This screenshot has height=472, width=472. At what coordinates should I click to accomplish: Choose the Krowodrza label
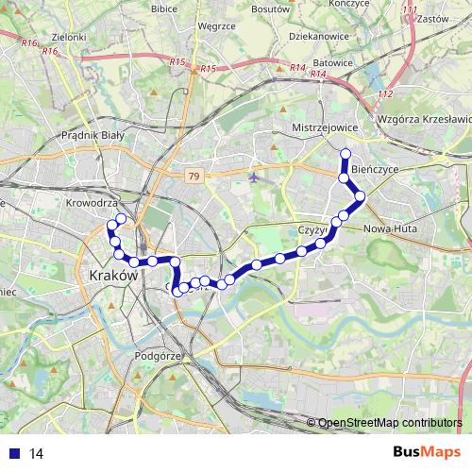click(x=92, y=203)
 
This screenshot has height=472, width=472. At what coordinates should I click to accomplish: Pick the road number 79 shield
click(x=193, y=177)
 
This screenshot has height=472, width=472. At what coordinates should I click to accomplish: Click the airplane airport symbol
click(x=255, y=177)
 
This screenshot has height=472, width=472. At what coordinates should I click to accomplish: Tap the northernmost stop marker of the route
click(x=346, y=154)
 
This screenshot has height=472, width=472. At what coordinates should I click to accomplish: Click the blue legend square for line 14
click(x=16, y=454)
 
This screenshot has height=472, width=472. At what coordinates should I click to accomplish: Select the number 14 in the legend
click(x=36, y=454)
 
